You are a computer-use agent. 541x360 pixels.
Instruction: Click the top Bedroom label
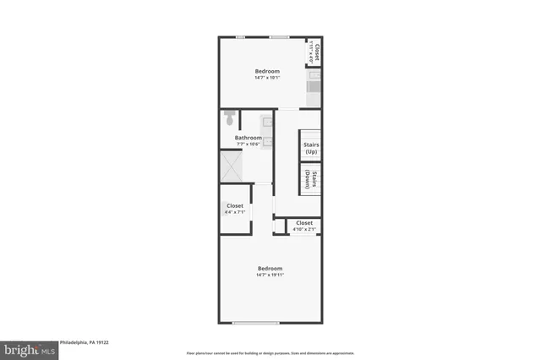pos(268,70)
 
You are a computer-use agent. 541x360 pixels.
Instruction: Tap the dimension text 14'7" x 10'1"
pos(268,78)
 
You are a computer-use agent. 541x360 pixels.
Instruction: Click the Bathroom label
pos(248,138)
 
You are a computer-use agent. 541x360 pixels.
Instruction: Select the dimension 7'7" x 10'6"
pos(248,145)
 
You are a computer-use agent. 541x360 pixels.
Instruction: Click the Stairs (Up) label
pos(310,147)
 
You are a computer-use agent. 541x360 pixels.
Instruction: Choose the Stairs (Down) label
pos(310,179)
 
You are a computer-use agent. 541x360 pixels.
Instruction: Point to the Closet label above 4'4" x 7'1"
pos(235,206)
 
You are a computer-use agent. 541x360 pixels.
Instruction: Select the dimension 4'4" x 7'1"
pos(235,213)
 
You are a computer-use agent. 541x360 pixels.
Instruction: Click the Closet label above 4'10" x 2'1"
pos(303,223)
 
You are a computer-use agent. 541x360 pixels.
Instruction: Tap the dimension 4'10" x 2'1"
pos(303,230)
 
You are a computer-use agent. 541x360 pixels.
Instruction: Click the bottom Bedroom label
pos(270,269)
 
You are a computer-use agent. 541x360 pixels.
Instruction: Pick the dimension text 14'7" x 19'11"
pos(270,275)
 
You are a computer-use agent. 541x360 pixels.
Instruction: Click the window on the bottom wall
pos(255,323)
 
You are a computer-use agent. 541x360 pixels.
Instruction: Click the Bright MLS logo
pos(28,347)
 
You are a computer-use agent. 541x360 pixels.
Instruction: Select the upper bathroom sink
pos(267,122)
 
